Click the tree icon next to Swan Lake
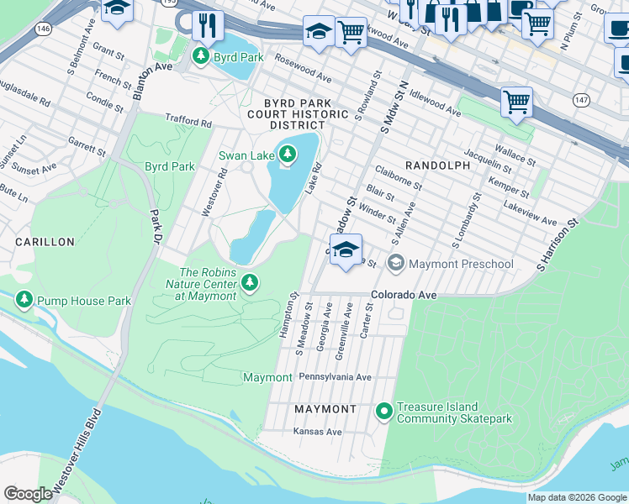pyautogui.click(x=288, y=154)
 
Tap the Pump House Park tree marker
pyautogui.click(x=24, y=300)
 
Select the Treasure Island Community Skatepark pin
pyautogui.click(x=384, y=411)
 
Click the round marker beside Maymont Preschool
pyautogui.click(x=395, y=264)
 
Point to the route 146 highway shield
pyautogui.click(x=42, y=29)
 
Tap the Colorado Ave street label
pyautogui.click(x=404, y=296)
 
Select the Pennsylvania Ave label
pyautogui.click(x=335, y=377)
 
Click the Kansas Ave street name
pyautogui.click(x=317, y=432)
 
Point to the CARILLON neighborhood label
pyautogui.click(x=45, y=242)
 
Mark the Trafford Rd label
pyautogui.click(x=188, y=121)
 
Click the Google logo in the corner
pyautogui.click(x=28, y=494)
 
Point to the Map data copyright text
pyautogui.click(x=577, y=497)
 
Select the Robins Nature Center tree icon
pyautogui.click(x=249, y=281)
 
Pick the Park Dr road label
pyautogui.click(x=154, y=227)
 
